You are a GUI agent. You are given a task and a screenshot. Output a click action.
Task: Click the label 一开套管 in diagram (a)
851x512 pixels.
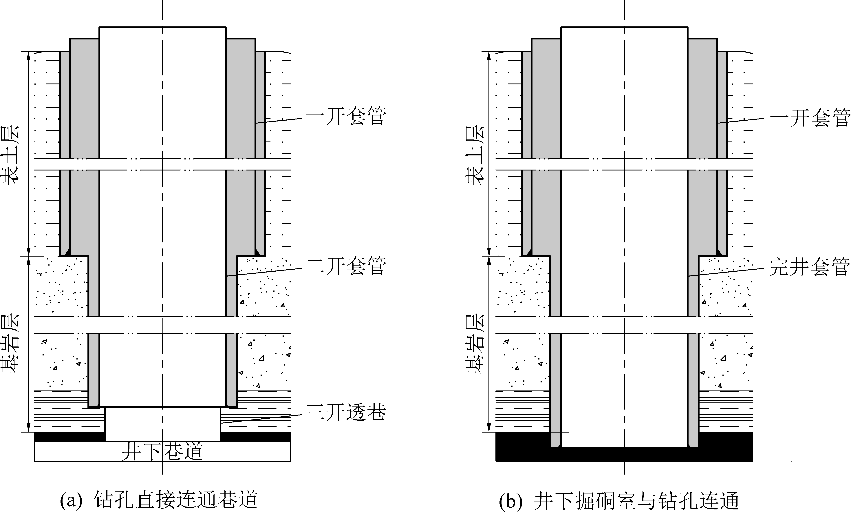[x=346, y=116]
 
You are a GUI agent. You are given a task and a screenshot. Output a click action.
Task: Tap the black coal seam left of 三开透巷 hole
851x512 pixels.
[x=70, y=436]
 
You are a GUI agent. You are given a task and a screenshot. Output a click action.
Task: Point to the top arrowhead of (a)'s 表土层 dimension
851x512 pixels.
[x=28, y=56]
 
